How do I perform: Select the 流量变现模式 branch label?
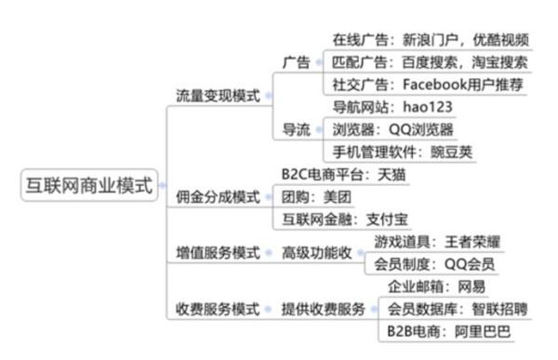(218, 96)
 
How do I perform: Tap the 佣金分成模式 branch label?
(218, 196)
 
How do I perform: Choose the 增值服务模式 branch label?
(218, 252)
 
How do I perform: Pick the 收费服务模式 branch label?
(218, 308)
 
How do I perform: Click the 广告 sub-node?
(296, 61)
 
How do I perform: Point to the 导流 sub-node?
(296, 128)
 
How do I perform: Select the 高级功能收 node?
(317, 252)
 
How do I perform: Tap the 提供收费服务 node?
(324, 308)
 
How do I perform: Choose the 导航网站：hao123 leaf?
(392, 106)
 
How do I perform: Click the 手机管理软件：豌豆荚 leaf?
(403, 151)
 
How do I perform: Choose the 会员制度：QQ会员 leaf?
(434, 264)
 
